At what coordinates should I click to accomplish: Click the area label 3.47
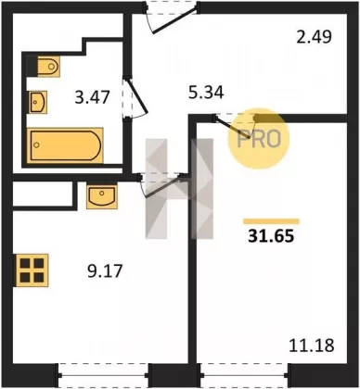pyautogui.click(x=92, y=96)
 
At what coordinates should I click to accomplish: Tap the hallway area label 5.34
pyautogui.click(x=206, y=92)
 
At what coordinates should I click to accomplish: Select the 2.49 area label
pyautogui.click(x=314, y=36)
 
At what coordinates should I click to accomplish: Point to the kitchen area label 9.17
pyautogui.click(x=105, y=270)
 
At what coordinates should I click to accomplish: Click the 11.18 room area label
pyautogui.click(x=312, y=345)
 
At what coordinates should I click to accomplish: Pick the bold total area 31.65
pyautogui.click(x=271, y=236)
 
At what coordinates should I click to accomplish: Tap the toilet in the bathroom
pyautogui.click(x=48, y=66)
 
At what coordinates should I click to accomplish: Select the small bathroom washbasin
pyautogui.click(x=38, y=102)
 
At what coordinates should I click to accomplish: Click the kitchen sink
pyautogui.click(x=102, y=196)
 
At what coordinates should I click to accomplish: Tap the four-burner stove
pyautogui.click(x=32, y=270)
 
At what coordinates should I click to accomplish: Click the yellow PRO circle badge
pyautogui.click(x=258, y=138)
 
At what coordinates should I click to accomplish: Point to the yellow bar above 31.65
pyautogui.click(x=271, y=221)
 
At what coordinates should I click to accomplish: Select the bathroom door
pyautogui.click(x=135, y=96)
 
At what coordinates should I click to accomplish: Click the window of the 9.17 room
pyautogui.click(x=103, y=375)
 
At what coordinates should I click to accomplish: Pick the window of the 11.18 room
pyautogui.click(x=243, y=375)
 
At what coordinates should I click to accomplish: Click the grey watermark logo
pyautogui.click(x=179, y=189)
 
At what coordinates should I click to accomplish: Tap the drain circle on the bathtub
pyautogui.click(x=36, y=144)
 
